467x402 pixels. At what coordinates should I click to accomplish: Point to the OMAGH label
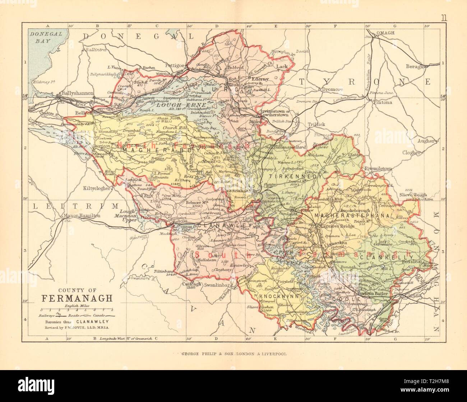385,33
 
